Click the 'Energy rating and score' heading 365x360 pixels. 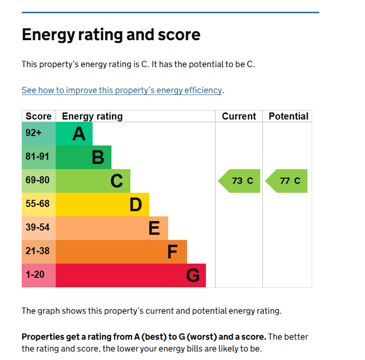point(111,35)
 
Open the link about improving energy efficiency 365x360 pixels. point(122,90)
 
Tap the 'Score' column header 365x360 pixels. point(38,116)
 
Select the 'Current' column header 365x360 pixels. point(239,116)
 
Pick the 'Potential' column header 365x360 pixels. point(288,116)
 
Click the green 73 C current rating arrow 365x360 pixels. point(240,181)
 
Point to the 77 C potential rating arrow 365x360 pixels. point(287,181)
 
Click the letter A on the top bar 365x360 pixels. point(79,134)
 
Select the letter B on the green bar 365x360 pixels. point(98,157)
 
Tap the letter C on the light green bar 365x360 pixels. point(117,181)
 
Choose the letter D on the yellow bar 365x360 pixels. point(136,205)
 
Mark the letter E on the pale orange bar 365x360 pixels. point(154,228)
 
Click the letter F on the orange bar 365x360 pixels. point(172,252)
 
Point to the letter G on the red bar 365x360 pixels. point(193,275)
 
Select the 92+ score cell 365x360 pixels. point(34,133)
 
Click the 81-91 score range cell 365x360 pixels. point(37,157)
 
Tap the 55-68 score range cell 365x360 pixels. point(37,204)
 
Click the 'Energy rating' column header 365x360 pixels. point(92,116)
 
